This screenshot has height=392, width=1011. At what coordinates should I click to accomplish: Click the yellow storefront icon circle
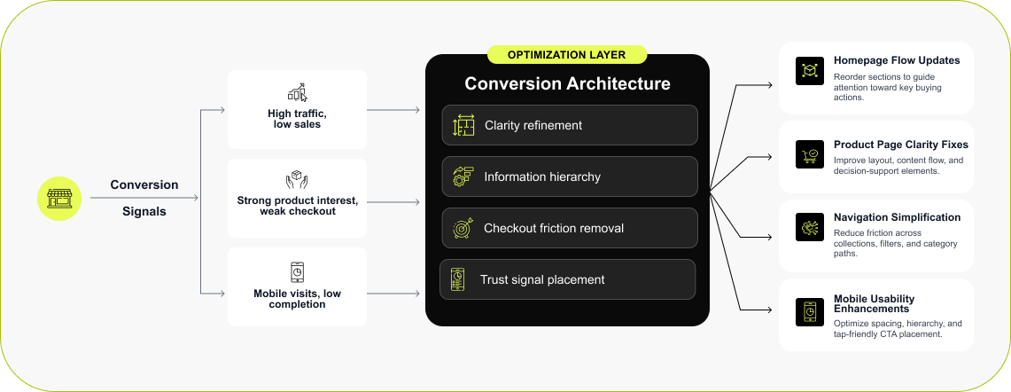[59, 198]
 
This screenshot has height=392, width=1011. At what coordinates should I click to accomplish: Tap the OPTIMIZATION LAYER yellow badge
[567, 55]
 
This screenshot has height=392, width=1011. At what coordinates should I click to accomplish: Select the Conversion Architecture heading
[567, 84]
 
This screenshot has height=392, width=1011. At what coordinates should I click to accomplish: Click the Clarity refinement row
[570, 125]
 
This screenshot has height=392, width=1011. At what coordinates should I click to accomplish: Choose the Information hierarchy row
[570, 176]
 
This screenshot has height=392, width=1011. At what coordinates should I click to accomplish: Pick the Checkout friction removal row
[570, 228]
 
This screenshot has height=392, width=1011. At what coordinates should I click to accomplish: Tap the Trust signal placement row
[567, 279]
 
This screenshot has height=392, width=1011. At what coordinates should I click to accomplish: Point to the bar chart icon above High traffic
[297, 92]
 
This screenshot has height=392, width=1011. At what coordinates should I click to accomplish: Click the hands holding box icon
[297, 181]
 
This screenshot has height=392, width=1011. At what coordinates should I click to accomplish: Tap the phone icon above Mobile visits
[297, 271]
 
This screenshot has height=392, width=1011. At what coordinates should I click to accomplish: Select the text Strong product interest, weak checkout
[298, 206]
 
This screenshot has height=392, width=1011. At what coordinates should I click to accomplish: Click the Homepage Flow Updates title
[897, 61]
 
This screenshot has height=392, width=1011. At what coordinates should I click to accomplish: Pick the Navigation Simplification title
[897, 217]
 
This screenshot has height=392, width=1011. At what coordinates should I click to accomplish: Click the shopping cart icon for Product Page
[810, 154]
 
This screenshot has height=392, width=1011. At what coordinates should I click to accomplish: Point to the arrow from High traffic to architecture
[393, 111]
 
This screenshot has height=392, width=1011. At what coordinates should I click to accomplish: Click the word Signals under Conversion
[144, 212]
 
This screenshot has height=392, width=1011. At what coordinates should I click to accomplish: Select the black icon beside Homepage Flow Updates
[810, 71]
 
